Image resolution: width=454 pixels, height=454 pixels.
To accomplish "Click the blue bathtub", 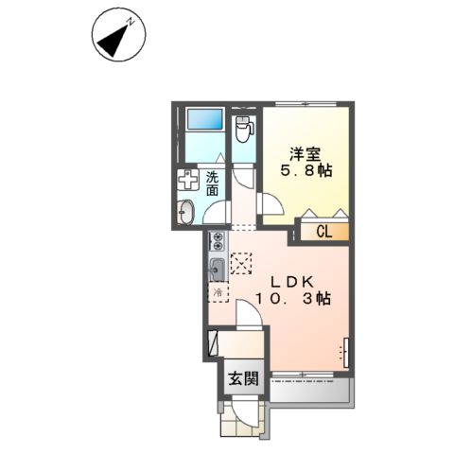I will click(202, 120).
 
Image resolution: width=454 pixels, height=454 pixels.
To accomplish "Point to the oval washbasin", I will click(185, 212).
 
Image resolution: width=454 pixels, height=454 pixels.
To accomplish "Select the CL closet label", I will click(322, 231).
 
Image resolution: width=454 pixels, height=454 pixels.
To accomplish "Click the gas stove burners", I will click(217, 240).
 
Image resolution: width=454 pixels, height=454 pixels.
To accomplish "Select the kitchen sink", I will click(216, 267).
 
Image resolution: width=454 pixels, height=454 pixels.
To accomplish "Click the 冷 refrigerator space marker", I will click(216, 294).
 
